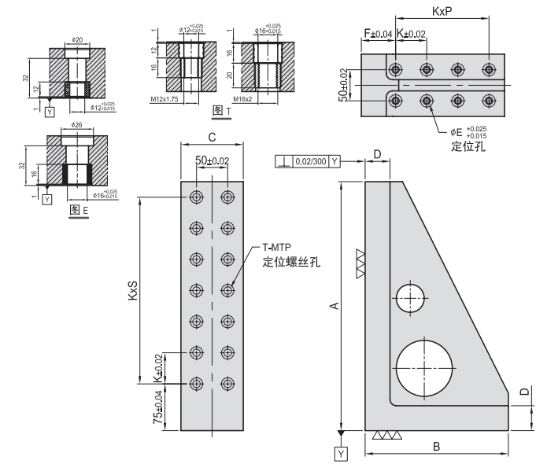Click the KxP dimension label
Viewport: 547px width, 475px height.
click(x=442, y=12)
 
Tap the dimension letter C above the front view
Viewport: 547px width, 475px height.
click(x=212, y=138)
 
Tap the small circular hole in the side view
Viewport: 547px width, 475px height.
click(x=410, y=299)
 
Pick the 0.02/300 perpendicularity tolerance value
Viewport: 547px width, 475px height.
click(x=309, y=161)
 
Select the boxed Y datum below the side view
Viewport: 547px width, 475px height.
click(x=340, y=455)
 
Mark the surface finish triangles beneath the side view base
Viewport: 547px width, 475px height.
click(x=386, y=435)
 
